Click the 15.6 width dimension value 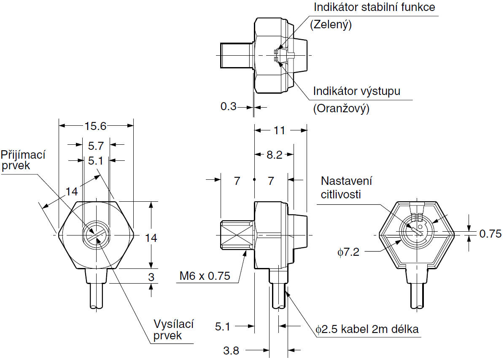95,126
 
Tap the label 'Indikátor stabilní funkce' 374,8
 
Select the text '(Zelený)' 331,25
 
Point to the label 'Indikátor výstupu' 356,91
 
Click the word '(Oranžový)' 341,108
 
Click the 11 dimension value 279,130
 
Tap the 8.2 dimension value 274,155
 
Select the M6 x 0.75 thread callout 205,276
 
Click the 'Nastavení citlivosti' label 346,187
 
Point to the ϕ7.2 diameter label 348,252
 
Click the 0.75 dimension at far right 491,234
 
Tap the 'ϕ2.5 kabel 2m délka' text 367,329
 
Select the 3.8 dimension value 231,350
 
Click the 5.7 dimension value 95,146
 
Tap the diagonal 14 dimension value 72,192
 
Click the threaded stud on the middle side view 236,235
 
